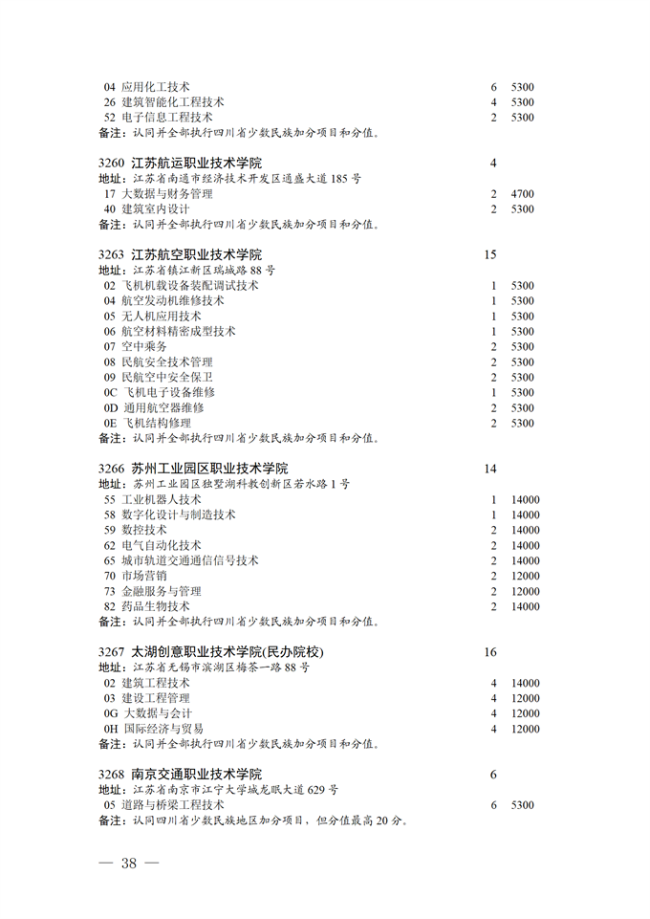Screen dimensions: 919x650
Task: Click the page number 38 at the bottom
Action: tap(128, 863)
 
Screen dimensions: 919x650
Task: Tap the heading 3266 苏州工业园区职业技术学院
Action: tap(193, 469)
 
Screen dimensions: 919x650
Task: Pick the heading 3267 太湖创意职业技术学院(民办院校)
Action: tap(211, 652)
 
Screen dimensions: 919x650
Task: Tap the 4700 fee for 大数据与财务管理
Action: tap(522, 194)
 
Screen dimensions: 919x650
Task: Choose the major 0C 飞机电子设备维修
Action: tap(159, 393)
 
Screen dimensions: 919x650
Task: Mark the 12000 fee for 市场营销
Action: tap(525, 577)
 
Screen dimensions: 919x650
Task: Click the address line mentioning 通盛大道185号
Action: tap(230, 179)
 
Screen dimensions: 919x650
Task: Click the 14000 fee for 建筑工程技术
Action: tap(525, 684)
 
